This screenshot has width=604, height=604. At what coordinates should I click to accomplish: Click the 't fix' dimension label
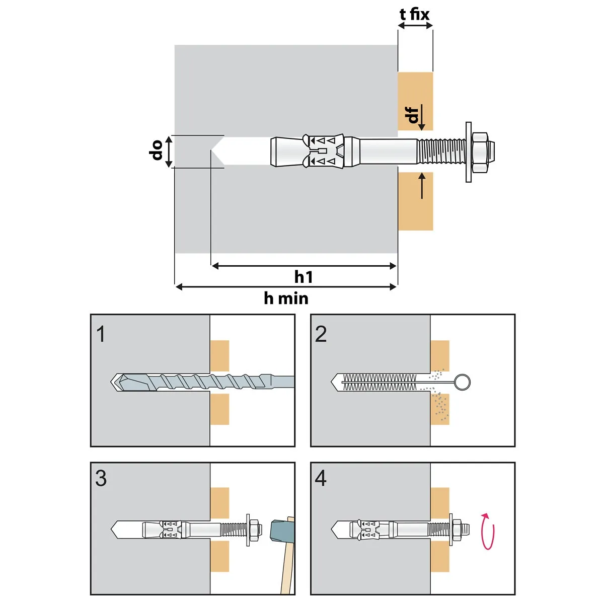coord(415,15)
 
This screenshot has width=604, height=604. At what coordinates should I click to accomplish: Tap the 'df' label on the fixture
coord(413,115)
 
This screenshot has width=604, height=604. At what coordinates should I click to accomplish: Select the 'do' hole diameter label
coord(157,150)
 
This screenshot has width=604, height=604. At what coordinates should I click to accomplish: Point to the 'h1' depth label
coord(304,277)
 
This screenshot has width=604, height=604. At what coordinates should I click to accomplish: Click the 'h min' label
coord(286,298)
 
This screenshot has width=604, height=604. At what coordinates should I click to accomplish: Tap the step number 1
coord(101,334)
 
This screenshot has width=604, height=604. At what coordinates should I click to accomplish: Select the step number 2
coord(321,334)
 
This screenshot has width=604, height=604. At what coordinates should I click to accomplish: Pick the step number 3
coord(101,478)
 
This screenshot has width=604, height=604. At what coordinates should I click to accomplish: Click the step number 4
coord(321,478)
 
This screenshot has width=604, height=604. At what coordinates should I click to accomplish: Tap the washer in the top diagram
coord(469,151)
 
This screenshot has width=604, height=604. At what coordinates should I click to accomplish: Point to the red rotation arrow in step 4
coord(488,531)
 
